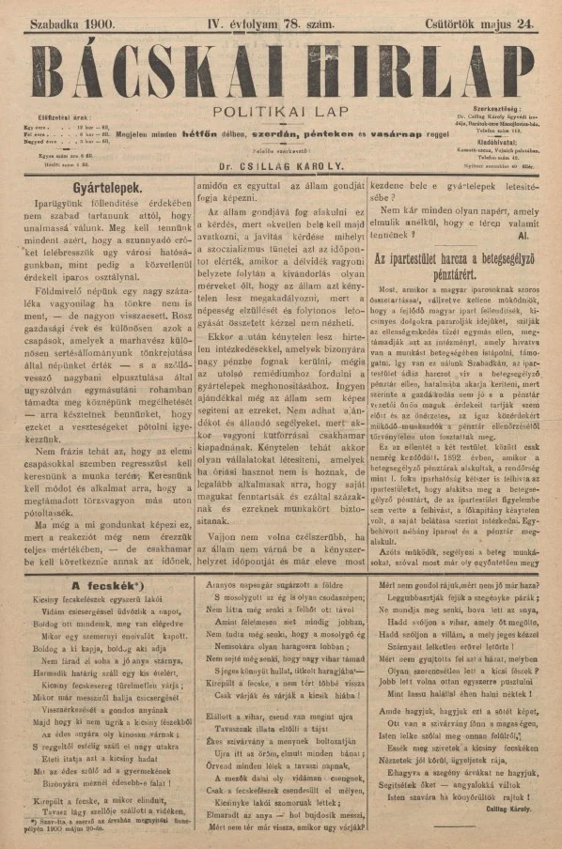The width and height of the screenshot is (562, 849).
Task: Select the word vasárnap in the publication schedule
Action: coord(387,134)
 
